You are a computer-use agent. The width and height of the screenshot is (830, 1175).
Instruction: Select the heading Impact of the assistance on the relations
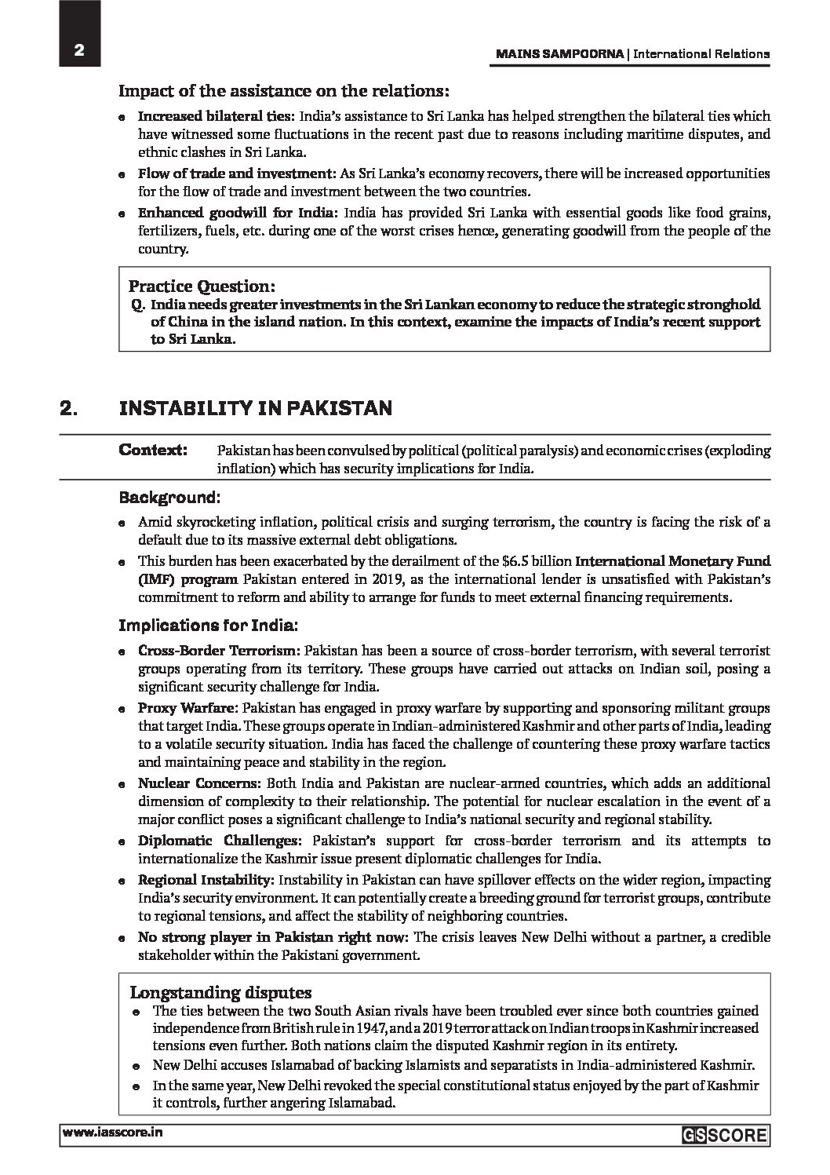pyautogui.click(x=284, y=90)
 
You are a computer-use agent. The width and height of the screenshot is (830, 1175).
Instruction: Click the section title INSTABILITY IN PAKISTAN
pyautogui.click(x=255, y=408)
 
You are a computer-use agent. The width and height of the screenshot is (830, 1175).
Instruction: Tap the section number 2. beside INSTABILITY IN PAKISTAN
pyautogui.click(x=68, y=408)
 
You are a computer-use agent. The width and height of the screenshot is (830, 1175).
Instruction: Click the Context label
pyautogui.click(x=153, y=450)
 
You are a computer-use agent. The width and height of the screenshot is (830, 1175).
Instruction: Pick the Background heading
pyautogui.click(x=169, y=497)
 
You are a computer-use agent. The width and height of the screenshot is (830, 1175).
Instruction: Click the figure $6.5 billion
pyautogui.click(x=535, y=561)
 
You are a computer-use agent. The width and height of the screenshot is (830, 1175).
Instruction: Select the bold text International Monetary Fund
pyautogui.click(x=673, y=561)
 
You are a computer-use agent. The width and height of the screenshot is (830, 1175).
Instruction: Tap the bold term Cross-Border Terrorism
pyautogui.click(x=218, y=651)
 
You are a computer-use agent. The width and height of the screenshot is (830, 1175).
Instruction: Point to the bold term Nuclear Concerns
pyautogui.click(x=198, y=783)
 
